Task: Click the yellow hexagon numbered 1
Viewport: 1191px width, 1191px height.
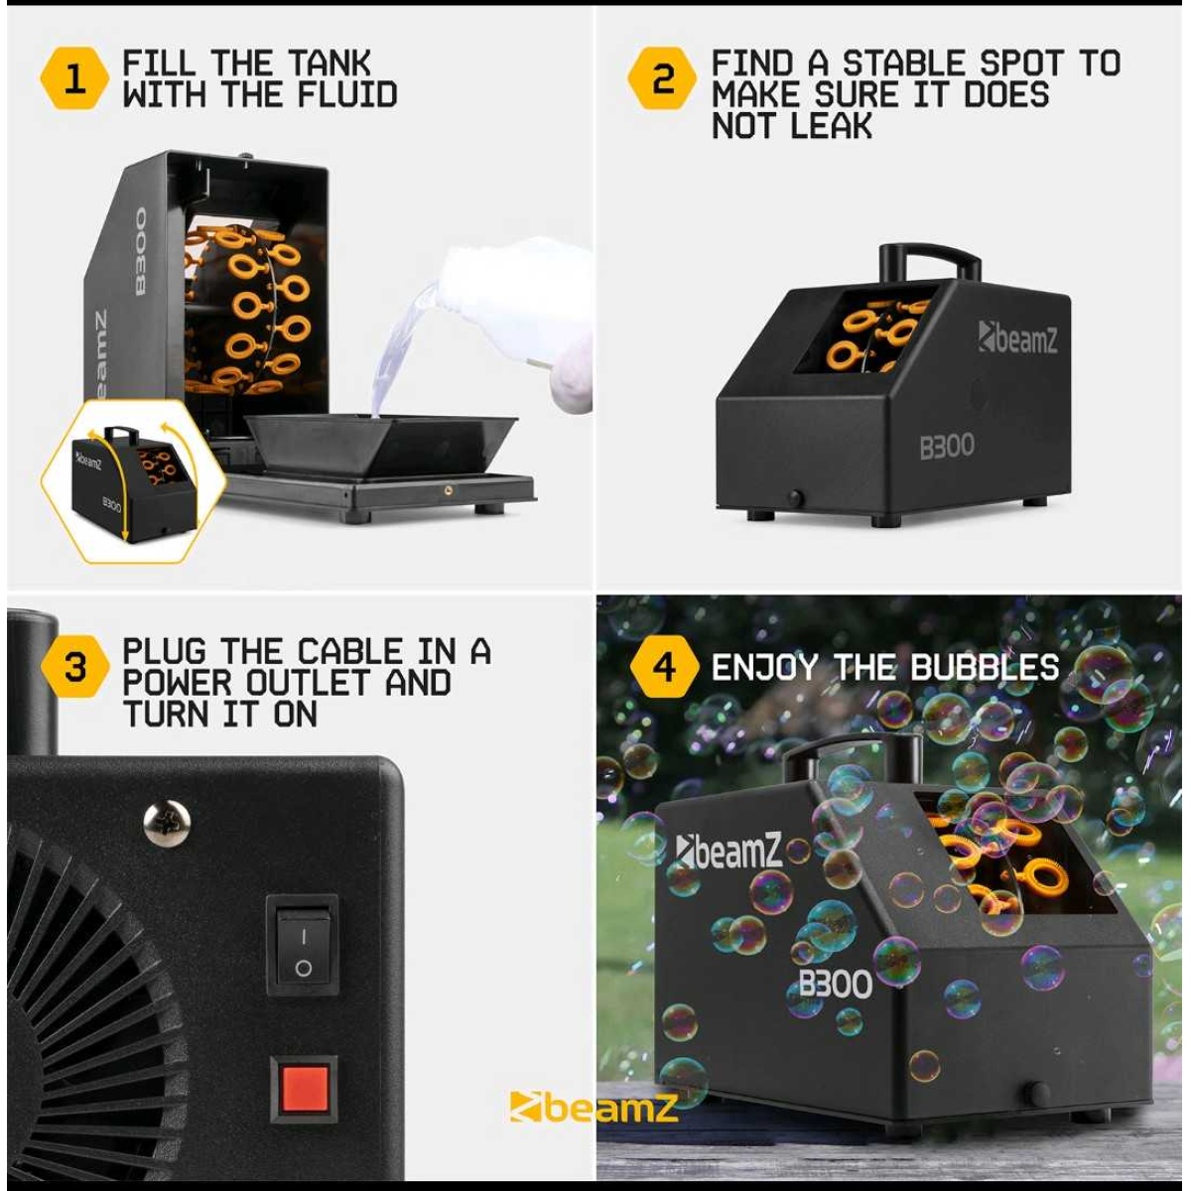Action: [74, 79]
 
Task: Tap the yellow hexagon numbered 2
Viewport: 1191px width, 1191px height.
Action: [663, 79]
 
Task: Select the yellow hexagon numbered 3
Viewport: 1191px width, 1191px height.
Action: [74, 667]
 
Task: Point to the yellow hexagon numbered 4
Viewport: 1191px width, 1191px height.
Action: [664, 667]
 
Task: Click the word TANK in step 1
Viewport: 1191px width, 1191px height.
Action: [330, 64]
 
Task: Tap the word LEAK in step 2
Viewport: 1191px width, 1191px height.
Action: [832, 126]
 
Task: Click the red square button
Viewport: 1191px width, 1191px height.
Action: [304, 1088]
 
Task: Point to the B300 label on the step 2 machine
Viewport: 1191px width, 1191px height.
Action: [947, 447]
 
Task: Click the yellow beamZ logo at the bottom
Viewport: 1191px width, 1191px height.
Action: [593, 1106]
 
